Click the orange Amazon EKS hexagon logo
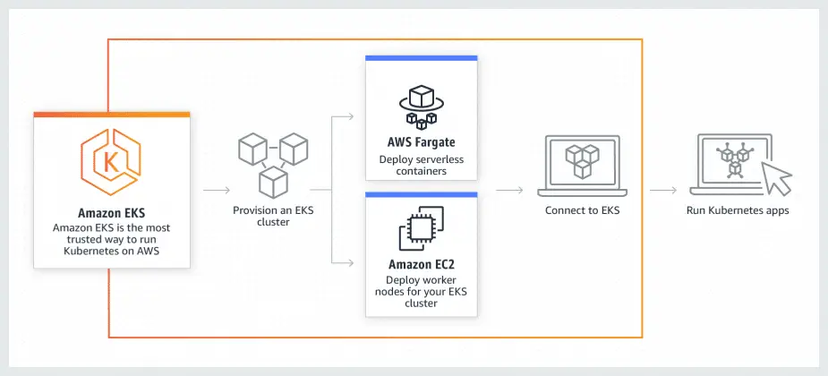pyautogui.click(x=112, y=164)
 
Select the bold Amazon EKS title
pyautogui.click(x=112, y=213)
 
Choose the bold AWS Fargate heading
pyautogui.click(x=421, y=143)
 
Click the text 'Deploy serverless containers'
pyautogui.click(x=421, y=165)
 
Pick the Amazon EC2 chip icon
pyautogui.click(x=421, y=228)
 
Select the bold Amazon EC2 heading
pyautogui.click(x=421, y=265)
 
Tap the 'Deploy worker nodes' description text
pyautogui.click(x=421, y=292)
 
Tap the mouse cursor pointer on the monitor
pyautogui.click(x=777, y=179)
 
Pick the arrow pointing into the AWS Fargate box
pyautogui.click(x=345, y=117)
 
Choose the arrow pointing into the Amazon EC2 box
pyautogui.click(x=345, y=262)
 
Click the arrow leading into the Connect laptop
pyautogui.click(x=509, y=191)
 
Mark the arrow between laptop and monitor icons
pyautogui.click(x=662, y=191)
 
